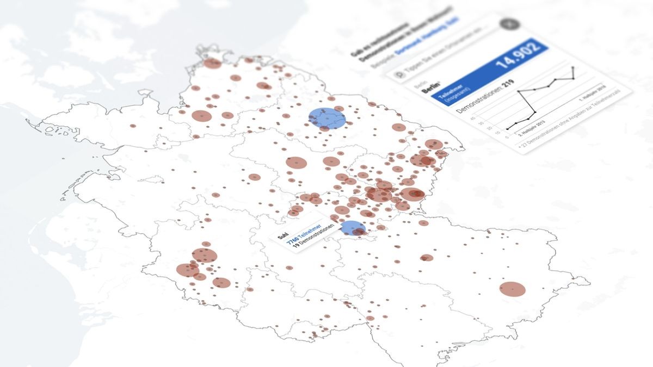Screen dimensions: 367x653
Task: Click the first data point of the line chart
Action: pyautogui.click(x=508, y=129)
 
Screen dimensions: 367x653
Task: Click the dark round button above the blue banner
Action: pyautogui.click(x=510, y=24)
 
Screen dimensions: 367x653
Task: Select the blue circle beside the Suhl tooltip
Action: pyautogui.click(x=353, y=228)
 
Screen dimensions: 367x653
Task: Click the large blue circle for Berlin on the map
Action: pyautogui.click(x=327, y=119)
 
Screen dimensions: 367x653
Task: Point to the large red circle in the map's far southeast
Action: pyautogui.click(x=512, y=289)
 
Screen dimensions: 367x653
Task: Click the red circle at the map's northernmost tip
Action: pyautogui.click(x=212, y=64)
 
